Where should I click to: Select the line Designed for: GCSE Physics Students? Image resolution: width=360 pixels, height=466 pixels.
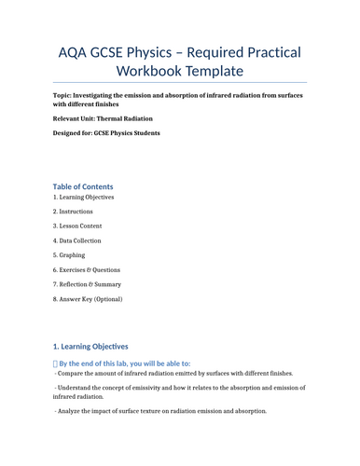point(106,133)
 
